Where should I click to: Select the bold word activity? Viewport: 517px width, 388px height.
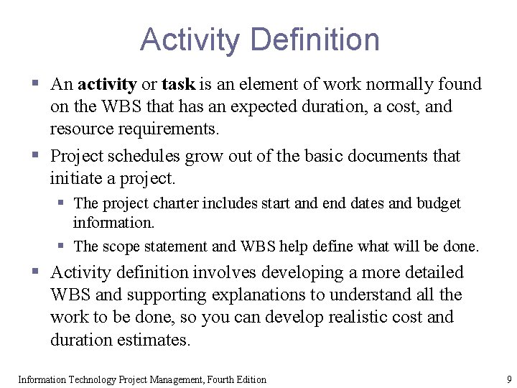[107, 85]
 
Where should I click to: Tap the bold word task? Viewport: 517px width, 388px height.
[178, 85]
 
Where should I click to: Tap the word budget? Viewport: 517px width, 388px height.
[437, 204]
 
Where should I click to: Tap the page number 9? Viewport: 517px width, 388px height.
[508, 379]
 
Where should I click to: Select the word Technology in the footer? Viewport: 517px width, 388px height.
[92, 379]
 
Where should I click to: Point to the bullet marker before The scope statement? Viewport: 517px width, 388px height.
[62, 246]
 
